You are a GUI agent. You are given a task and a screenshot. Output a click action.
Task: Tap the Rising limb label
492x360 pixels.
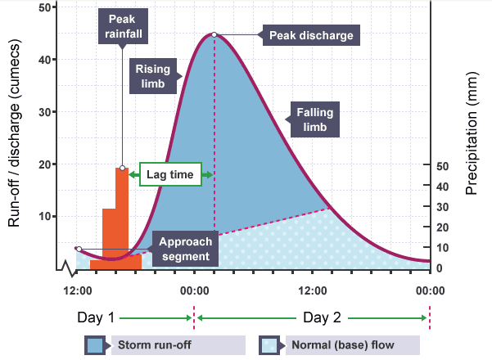point(152,75)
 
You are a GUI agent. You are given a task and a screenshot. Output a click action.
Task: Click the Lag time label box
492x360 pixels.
point(169,174)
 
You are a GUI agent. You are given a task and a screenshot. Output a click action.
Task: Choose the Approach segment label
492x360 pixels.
point(185,249)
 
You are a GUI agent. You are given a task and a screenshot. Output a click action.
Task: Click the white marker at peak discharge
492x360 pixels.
point(214,34)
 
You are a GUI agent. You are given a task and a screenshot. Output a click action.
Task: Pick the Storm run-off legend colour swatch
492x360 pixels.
point(95,344)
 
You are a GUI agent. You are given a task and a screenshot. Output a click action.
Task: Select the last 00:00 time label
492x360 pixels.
point(429,290)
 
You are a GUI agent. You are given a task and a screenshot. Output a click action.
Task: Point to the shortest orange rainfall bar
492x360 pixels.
point(97,264)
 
